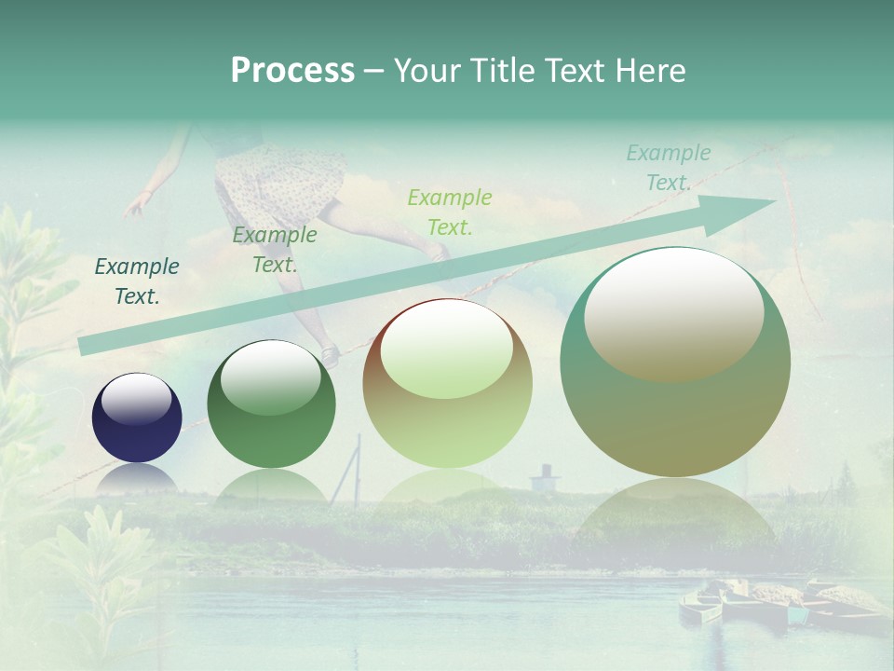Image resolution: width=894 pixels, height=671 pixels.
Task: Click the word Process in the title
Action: [x=292, y=71]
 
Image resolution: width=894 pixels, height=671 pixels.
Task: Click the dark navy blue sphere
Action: [x=137, y=418]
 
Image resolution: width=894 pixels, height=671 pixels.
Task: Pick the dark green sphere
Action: [x=271, y=405]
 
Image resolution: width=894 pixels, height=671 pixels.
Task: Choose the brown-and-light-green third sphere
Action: [x=447, y=384]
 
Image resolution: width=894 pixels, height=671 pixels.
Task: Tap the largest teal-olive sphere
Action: [x=675, y=363]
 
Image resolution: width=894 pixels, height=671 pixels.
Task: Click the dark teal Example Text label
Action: [x=137, y=281]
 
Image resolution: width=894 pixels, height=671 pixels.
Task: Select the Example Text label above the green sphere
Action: [x=274, y=250]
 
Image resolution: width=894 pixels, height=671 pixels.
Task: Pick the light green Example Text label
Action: [x=449, y=212]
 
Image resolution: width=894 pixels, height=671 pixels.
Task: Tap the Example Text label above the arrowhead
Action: [x=668, y=168]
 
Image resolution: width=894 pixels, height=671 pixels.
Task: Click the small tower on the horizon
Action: [x=545, y=477]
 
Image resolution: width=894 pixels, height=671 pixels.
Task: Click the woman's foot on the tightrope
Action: [x=328, y=354]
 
